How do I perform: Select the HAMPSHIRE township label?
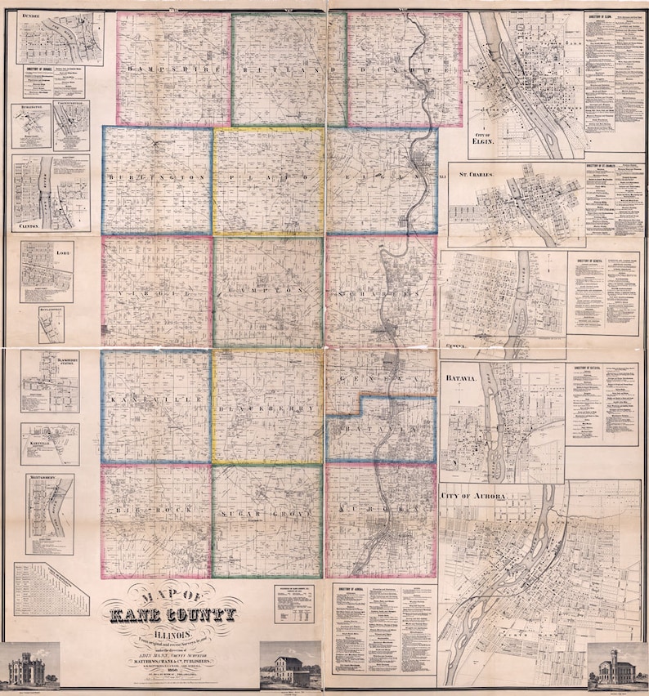172,71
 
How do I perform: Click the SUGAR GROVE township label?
266,513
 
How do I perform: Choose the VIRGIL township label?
156,290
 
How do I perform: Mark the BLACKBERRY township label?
266,406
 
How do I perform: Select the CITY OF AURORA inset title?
474,497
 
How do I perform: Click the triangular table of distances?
51,588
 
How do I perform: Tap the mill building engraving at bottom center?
289,663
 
